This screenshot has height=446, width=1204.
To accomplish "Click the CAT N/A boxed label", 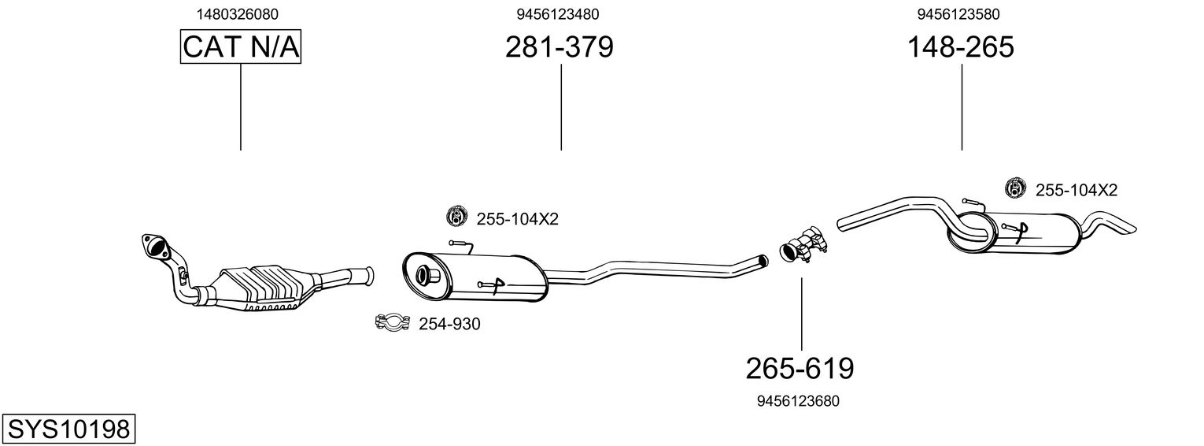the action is tap(241, 47).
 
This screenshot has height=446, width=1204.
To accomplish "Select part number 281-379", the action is tap(560, 47).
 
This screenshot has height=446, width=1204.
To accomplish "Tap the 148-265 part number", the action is tap(961, 47).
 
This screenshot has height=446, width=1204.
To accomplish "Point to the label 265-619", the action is tap(800, 367).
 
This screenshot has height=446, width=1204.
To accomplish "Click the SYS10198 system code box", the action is tap(68, 429).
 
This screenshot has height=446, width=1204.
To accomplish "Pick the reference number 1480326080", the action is tap(237, 14).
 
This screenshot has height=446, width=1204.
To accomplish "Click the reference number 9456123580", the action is tap(958, 14).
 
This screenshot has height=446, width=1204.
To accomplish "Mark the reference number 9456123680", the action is tap(798, 401).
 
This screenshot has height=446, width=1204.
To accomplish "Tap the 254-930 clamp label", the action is tap(449, 324).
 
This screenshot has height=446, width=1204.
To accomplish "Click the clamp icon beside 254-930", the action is tap(392, 322).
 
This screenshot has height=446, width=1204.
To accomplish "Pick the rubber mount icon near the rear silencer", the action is tap(1016, 188).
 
